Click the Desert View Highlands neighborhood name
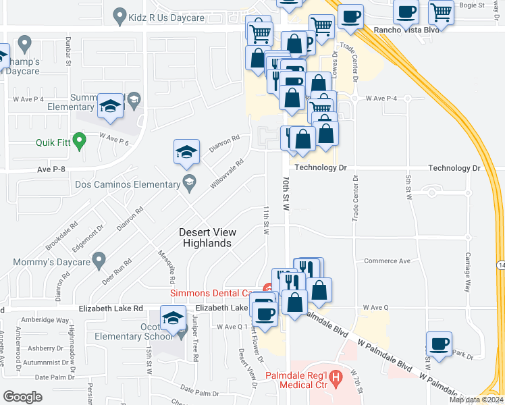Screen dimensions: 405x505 tap(205, 238)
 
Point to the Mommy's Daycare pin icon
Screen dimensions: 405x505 tap(99, 259)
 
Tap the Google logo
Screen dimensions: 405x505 tap(22, 397)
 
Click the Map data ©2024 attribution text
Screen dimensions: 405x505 tap(476, 400)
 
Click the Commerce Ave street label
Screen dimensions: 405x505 tap(387, 261)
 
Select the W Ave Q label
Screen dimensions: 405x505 tap(375, 307)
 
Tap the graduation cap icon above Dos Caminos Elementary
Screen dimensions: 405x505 tap(186, 152)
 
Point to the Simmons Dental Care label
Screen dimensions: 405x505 tap(211, 293)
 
